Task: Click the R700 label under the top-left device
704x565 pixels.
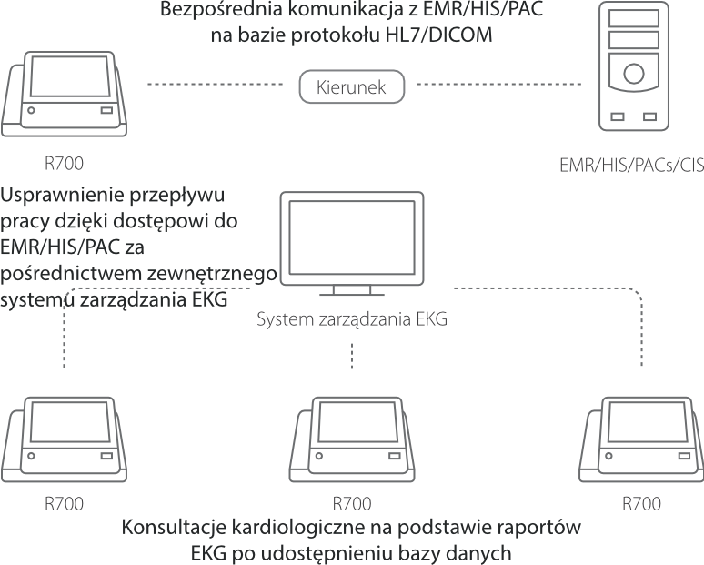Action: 64,165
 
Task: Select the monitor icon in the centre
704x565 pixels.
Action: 351,241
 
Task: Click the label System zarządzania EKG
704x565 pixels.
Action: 352,320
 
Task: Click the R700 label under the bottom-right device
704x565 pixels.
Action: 640,503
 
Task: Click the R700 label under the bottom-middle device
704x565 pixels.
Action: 352,503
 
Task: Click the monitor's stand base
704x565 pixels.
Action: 351,293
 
